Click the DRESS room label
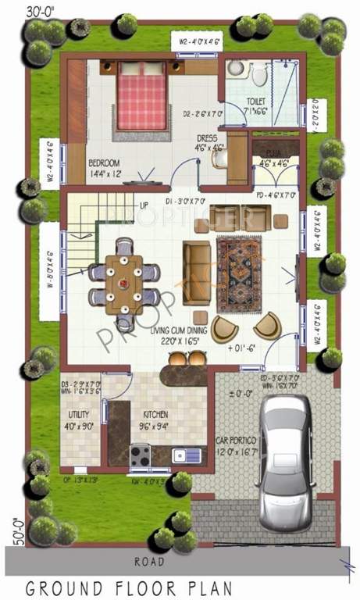coord(207,137)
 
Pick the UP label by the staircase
coord(144,205)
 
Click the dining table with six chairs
coord(123,279)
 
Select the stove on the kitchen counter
coord(141,454)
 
